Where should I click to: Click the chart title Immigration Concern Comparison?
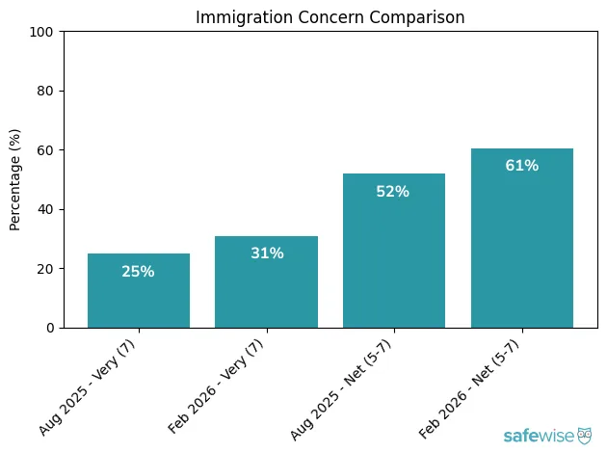[330, 16]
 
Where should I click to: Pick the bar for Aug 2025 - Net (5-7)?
[394, 251]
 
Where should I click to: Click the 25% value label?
[139, 272]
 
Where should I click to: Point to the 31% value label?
[267, 253]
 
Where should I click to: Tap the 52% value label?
[394, 192]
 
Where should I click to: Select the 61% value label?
[522, 166]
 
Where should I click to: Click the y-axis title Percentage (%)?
[15, 179]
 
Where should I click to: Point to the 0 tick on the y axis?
[50, 328]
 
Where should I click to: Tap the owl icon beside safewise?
[585, 436]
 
